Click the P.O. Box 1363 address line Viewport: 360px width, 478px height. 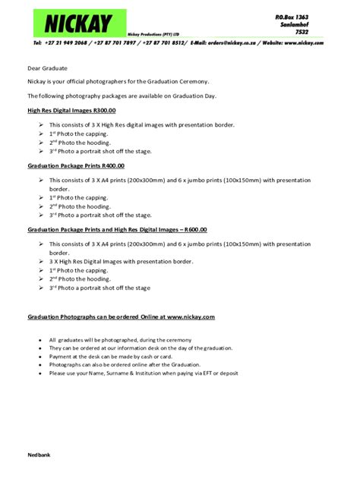(x=291, y=16)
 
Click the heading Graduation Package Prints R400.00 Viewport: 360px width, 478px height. (x=76, y=165)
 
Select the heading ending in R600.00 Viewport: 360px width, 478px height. (x=117, y=229)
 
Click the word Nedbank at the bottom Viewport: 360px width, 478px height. (x=40, y=454)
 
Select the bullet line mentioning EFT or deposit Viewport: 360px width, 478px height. (x=144, y=373)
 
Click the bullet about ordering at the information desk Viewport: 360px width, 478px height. (x=141, y=347)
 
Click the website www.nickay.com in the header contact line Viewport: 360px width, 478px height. (x=303, y=43)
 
